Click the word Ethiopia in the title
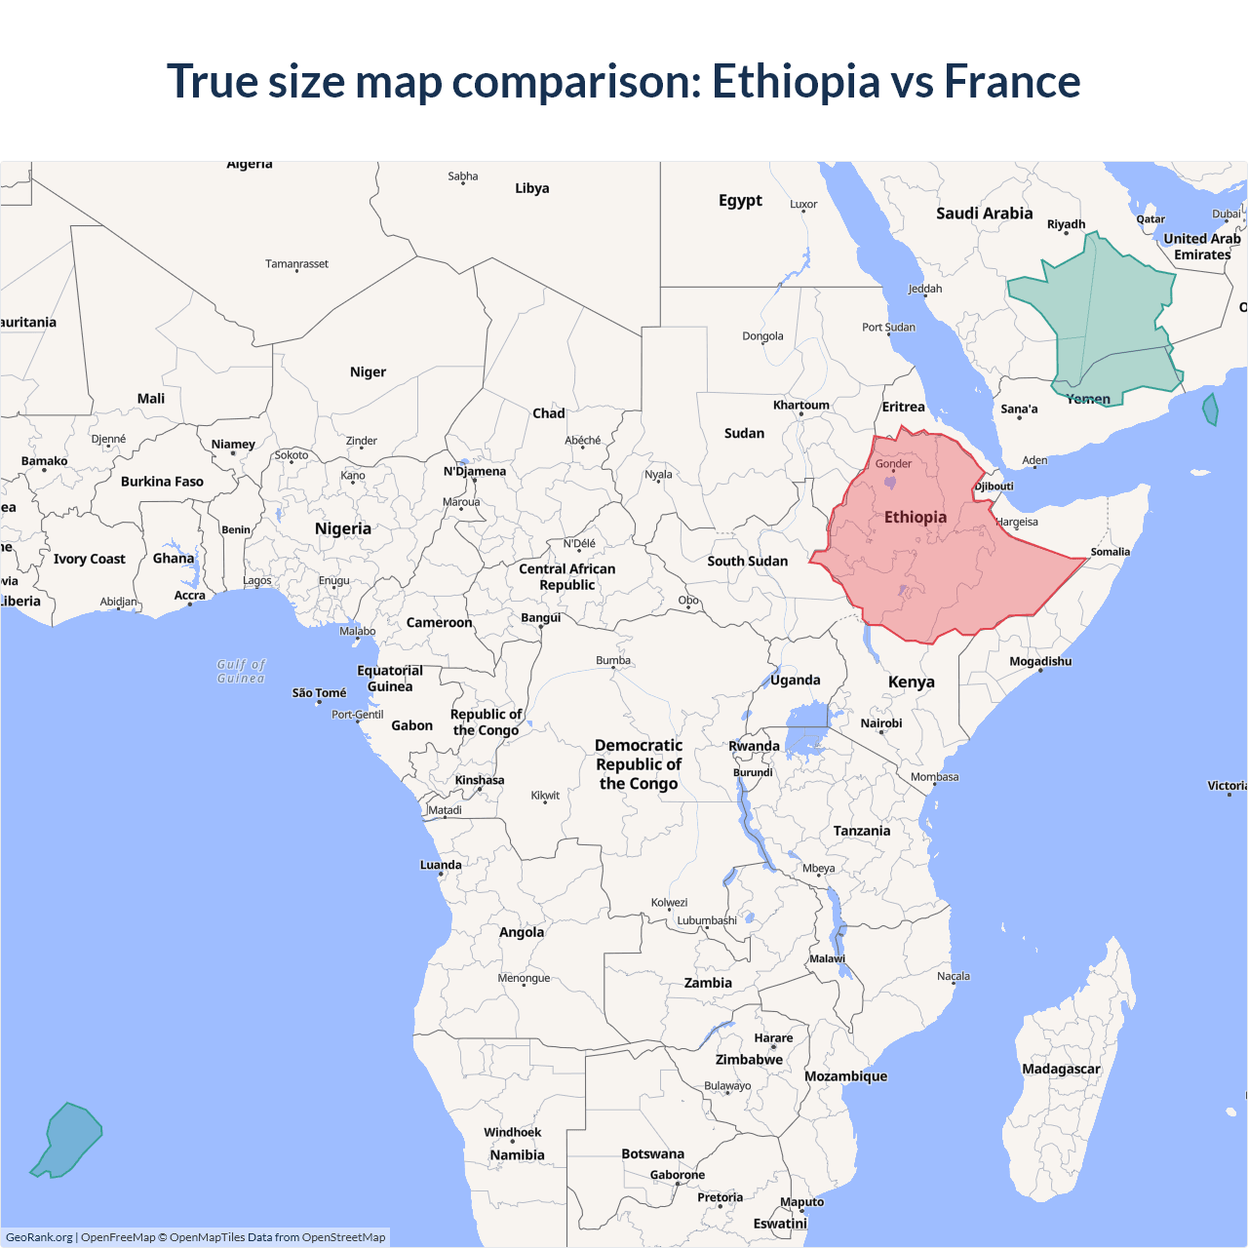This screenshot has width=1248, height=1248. pos(796,81)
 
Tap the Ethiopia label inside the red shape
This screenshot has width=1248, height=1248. pos(915,517)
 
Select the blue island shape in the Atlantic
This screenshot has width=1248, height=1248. pos(68,1141)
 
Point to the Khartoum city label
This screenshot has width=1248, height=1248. pos(800,405)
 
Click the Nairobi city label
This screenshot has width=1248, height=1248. pos(880,722)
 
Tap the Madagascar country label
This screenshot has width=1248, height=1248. pos(1060,1069)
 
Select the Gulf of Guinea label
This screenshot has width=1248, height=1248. pos(241,671)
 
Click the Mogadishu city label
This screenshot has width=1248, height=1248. pos(1039,661)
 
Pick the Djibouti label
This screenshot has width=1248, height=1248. pos(994,486)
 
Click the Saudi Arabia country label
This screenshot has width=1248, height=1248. pos(984,214)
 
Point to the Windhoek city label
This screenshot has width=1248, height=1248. pos(512,1132)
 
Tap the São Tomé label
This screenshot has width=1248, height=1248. pos(319,692)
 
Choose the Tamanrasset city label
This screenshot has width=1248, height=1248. pos(296,263)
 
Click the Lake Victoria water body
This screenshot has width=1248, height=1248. pos(807,729)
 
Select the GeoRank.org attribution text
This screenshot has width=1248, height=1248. pos(39,1237)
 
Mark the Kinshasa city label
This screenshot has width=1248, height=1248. pos(479,780)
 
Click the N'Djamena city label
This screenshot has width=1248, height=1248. pos(475,471)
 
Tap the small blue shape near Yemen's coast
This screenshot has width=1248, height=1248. pos(1210,409)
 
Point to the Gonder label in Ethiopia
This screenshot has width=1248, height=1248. pos(893,463)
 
